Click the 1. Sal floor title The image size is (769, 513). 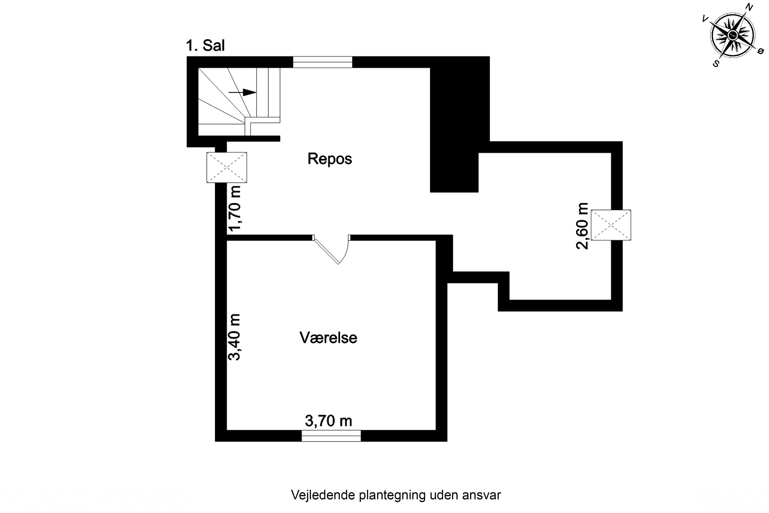tap(205, 45)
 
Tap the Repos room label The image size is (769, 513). tap(330, 159)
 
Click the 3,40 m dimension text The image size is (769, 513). tap(234, 337)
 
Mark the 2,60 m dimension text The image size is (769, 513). tap(582, 226)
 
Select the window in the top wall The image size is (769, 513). tap(322, 62)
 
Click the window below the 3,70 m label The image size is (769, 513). tap(331, 436)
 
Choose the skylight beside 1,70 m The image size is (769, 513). tap(227, 167)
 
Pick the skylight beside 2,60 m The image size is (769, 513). tap(611, 225)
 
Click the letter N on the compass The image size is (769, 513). tap(749, 7)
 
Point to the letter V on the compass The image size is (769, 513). tap(705, 19)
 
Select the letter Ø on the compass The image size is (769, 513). tap(761, 51)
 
